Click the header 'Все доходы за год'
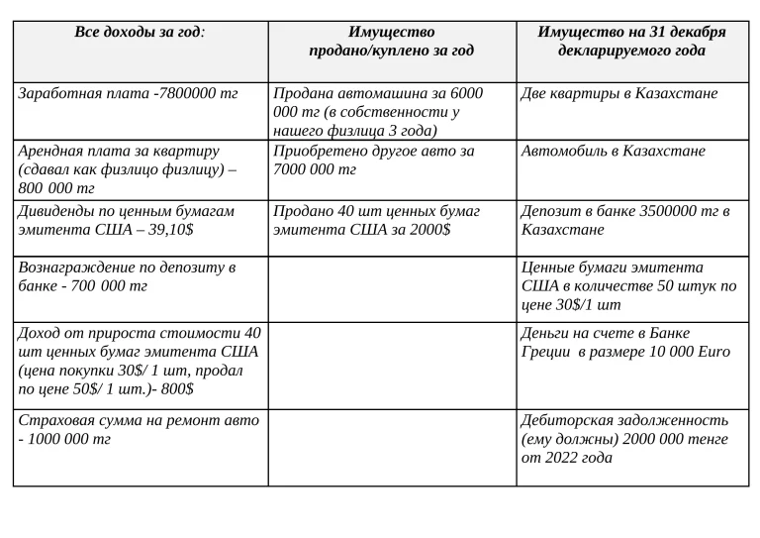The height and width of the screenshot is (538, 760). coord(140,32)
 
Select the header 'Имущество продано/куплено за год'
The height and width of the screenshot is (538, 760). coord(391,41)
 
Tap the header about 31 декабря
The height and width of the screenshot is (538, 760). coord(631,41)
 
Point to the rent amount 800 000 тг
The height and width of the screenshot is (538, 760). coord(56,188)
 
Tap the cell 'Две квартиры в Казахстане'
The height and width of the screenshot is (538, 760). coord(619,93)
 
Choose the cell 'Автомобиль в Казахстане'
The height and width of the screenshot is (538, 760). coord(613,151)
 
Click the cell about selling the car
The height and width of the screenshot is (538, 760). coord(378,111)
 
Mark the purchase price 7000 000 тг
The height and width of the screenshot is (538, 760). coord(315,169)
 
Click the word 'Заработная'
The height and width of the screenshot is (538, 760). coord(60,93)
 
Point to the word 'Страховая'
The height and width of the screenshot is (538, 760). coord(54,420)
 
